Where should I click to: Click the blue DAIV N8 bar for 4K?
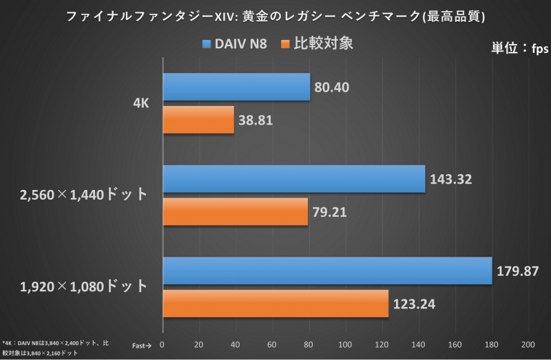pyautogui.click(x=236, y=87)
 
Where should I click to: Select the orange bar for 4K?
pyautogui.click(x=198, y=119)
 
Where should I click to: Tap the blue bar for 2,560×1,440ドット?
pyautogui.click(x=294, y=179)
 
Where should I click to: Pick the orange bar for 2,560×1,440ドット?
pyautogui.click(x=235, y=211)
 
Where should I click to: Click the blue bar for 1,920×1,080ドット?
pyautogui.click(x=327, y=271)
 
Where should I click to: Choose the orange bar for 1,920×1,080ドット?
pyautogui.click(x=275, y=303)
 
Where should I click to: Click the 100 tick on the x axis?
pyautogui.click(x=345, y=345)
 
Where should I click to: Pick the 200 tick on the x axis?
pyautogui.click(x=528, y=345)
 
